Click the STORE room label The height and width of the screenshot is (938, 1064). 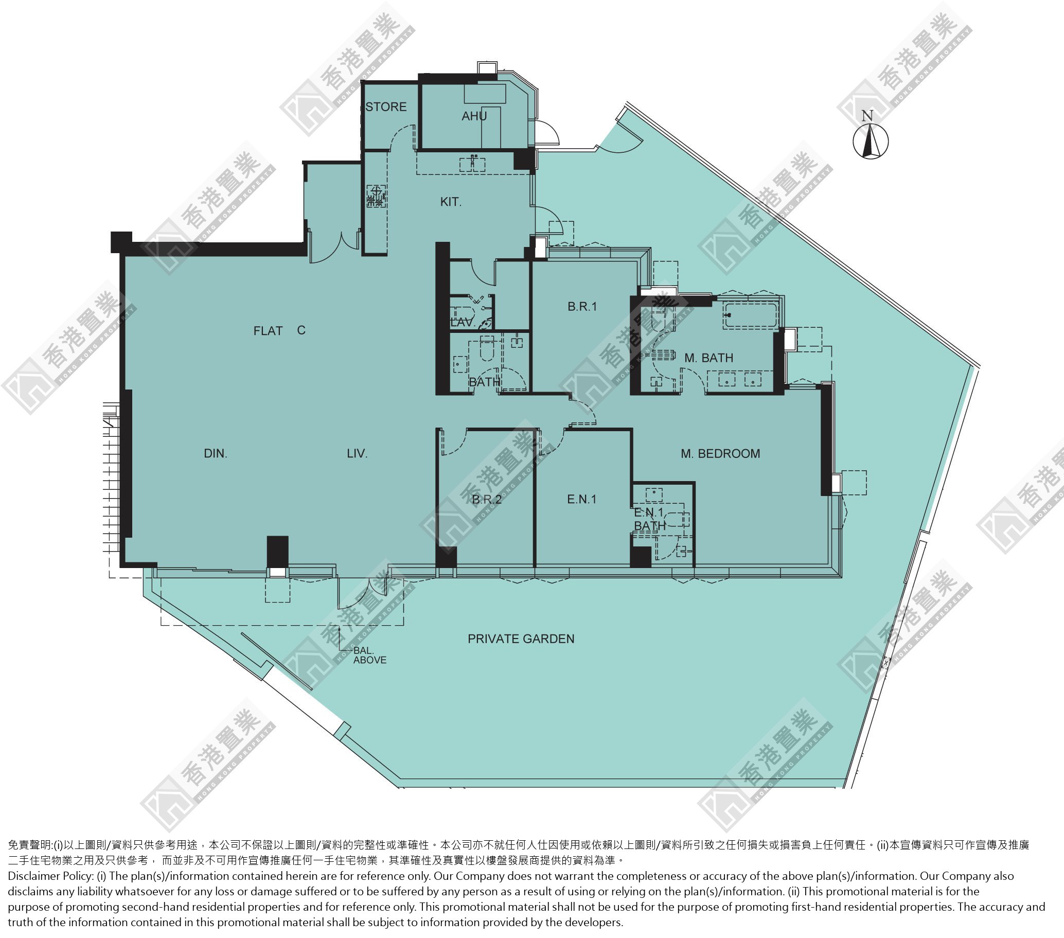click(386, 107)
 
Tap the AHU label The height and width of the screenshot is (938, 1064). click(474, 116)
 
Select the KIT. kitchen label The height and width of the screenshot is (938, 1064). click(451, 202)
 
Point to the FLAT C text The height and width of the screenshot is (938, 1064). click(279, 330)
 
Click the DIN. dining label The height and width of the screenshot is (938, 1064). click(216, 453)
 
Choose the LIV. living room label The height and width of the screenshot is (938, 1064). click(357, 453)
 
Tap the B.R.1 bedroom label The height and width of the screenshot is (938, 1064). click(582, 307)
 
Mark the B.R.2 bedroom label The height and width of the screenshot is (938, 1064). click(487, 500)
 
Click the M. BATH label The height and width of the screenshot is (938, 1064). click(708, 358)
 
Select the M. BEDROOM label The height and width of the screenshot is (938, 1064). click(720, 453)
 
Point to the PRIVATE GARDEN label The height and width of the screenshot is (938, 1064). click(521, 639)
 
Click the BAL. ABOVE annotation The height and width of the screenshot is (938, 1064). click(369, 656)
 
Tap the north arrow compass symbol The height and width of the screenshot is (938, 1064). click(871, 139)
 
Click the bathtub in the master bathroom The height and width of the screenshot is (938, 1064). click(750, 315)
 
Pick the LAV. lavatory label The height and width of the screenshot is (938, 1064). click(463, 323)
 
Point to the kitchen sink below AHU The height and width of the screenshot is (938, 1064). click(472, 164)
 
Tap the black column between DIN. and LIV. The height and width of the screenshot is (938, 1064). click(277, 552)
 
